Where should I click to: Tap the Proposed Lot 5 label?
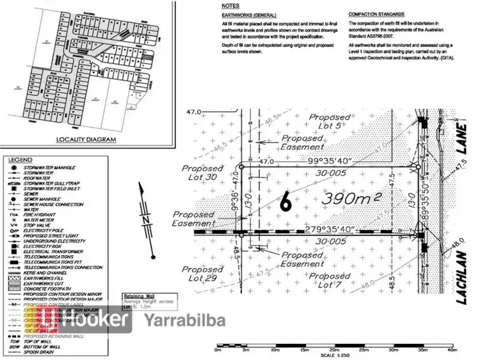click(x=330, y=122)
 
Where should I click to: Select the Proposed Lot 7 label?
click(x=330, y=280)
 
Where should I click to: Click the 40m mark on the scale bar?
click(x=452, y=351)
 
